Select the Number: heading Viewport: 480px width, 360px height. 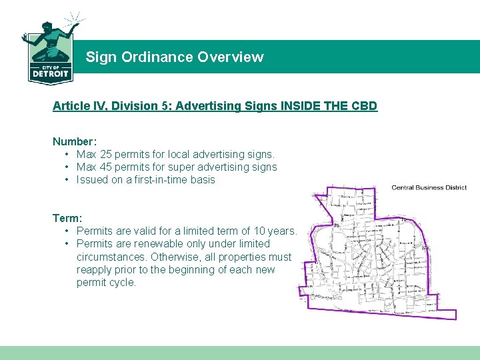click(75, 141)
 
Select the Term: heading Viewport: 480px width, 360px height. click(67, 218)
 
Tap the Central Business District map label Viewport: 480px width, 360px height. click(429, 187)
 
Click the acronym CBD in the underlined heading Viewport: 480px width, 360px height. click(363, 106)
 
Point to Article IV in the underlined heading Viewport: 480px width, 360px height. click(76, 106)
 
